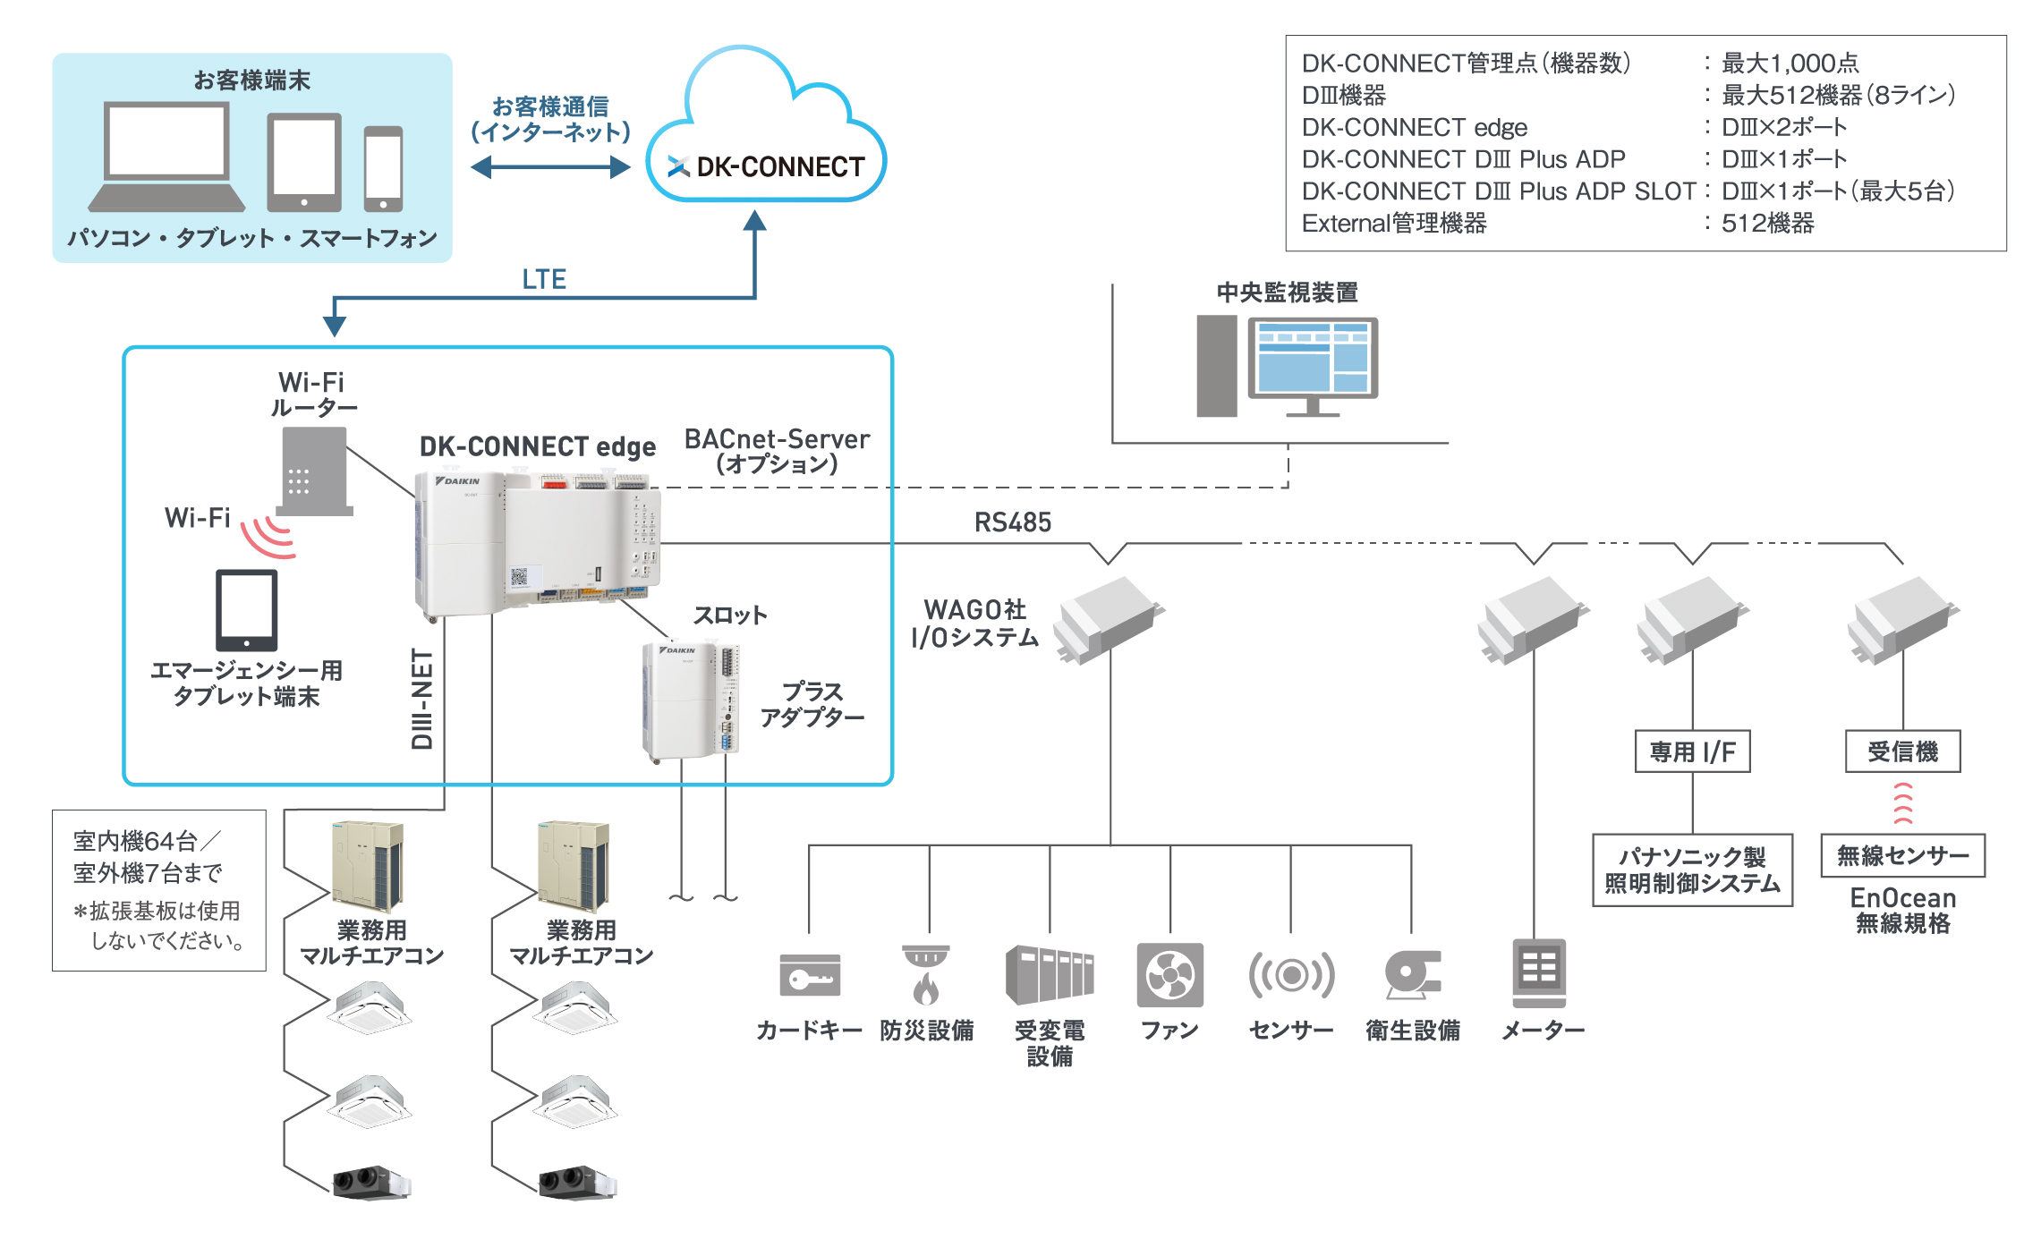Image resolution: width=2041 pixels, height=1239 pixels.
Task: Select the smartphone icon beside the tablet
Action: [x=383, y=168]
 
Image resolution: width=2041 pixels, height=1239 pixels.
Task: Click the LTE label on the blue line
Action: [x=544, y=279]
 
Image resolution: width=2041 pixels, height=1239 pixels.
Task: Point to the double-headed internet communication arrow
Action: [x=550, y=167]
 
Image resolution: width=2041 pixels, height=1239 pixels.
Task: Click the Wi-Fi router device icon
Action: [x=314, y=471]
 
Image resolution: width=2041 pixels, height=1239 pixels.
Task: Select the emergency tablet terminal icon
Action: [x=247, y=610]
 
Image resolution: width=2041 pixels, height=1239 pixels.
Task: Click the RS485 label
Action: [x=1012, y=522]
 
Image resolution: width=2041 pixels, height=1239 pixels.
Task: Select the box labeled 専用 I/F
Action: [x=1692, y=752]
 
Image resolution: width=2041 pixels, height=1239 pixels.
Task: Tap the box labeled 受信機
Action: [x=1902, y=752]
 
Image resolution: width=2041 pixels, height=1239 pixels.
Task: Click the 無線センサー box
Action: [x=1902, y=856]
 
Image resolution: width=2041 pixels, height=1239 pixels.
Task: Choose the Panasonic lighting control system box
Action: [x=1692, y=870]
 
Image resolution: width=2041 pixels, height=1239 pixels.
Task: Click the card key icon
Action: [x=810, y=974]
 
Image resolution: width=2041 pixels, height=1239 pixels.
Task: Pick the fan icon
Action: [x=1169, y=974]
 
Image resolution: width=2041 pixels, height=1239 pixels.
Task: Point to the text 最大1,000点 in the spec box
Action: [x=1790, y=64]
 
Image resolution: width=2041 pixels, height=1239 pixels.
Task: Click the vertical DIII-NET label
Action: [x=422, y=699]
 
